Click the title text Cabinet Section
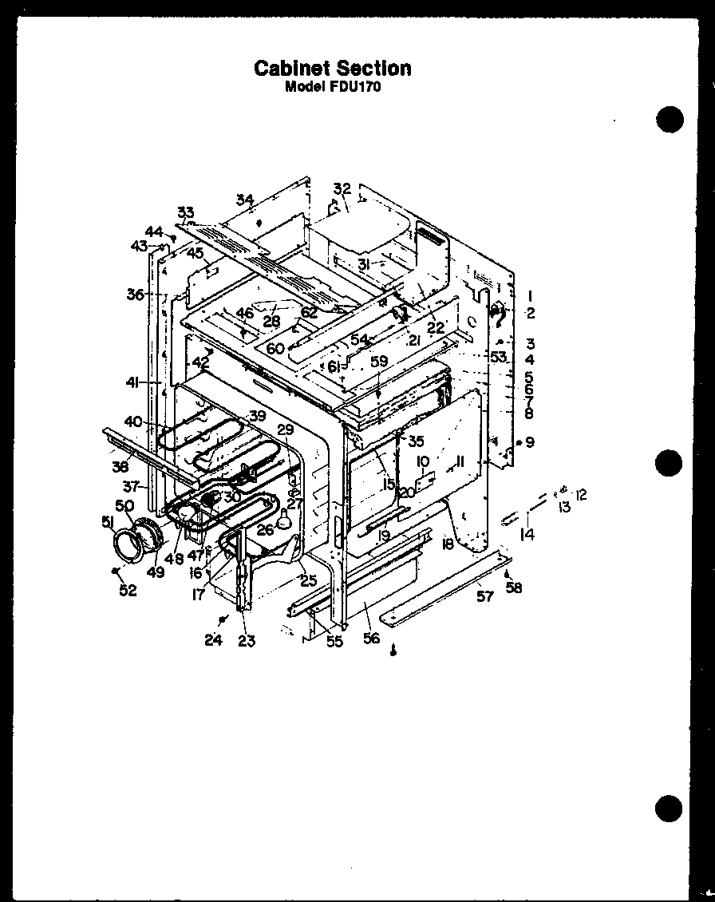pos(333,68)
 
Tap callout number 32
pos(342,188)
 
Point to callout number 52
pos(128,591)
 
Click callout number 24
pos(212,640)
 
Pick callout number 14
pos(527,535)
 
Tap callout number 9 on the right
pos(530,442)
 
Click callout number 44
pos(154,231)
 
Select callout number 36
pos(134,295)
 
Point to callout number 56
pos(371,639)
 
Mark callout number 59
pos(378,361)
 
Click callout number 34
pos(244,199)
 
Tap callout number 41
pos(132,383)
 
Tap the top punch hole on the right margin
pos(670,119)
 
